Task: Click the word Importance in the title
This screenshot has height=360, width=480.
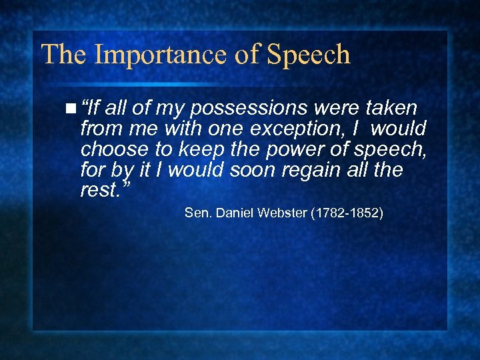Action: (152, 55)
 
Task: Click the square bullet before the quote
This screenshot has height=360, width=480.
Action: (71, 107)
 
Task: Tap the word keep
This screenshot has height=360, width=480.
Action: (194, 149)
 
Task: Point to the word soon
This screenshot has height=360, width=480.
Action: (250, 170)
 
